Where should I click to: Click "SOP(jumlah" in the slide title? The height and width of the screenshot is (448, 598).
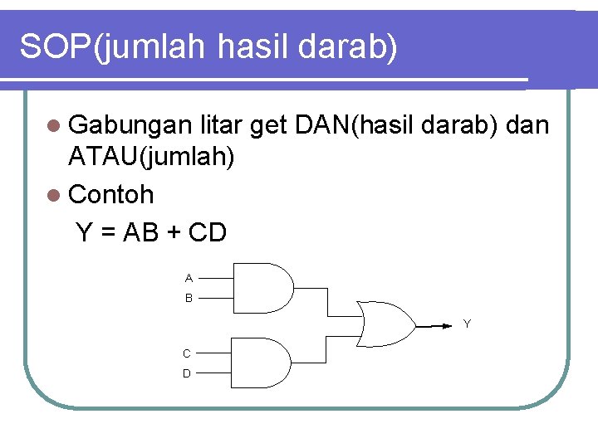coord(112,47)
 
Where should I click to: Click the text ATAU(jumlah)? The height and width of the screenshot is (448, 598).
coord(151,156)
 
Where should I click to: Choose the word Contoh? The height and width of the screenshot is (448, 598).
coord(111,195)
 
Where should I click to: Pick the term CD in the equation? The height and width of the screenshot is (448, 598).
coord(208,233)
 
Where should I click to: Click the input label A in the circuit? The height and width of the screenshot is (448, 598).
coord(189,278)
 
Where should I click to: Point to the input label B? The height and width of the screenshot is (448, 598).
coord(189,297)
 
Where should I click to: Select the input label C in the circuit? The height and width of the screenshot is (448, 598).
coord(187,353)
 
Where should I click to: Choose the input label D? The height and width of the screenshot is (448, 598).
coord(187,373)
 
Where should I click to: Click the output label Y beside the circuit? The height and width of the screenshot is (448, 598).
coord(467,324)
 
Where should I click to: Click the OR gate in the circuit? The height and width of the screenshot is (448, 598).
coord(386,324)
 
